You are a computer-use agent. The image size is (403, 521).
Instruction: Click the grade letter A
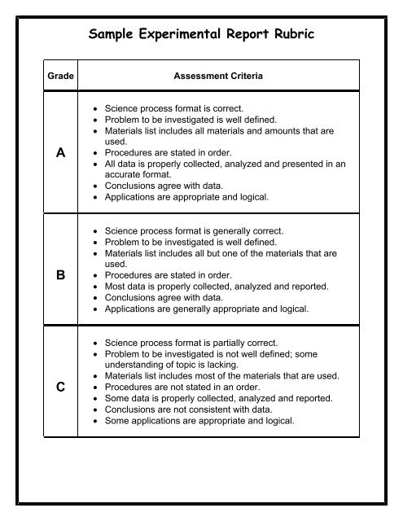(x=61, y=152)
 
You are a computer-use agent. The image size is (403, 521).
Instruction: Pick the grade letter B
(x=61, y=276)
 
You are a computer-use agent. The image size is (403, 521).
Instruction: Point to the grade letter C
(x=61, y=388)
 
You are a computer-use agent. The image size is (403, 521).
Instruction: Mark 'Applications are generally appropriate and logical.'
(x=208, y=309)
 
